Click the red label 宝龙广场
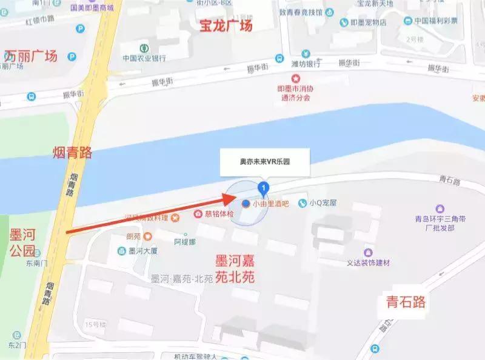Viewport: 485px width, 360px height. pyautogui.click(x=226, y=25)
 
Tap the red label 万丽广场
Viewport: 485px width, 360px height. pyautogui.click(x=30, y=56)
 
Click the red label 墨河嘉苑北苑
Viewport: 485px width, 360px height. pyautogui.click(x=235, y=270)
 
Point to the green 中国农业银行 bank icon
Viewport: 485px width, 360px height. pyautogui.click(x=144, y=48)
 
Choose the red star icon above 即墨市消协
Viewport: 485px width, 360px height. pyautogui.click(x=296, y=78)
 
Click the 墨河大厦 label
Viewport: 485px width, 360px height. pyautogui.click(x=142, y=250)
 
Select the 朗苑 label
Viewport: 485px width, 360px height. pyautogui.click(x=133, y=236)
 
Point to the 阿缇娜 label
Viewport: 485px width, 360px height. pyautogui.click(x=185, y=241)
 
